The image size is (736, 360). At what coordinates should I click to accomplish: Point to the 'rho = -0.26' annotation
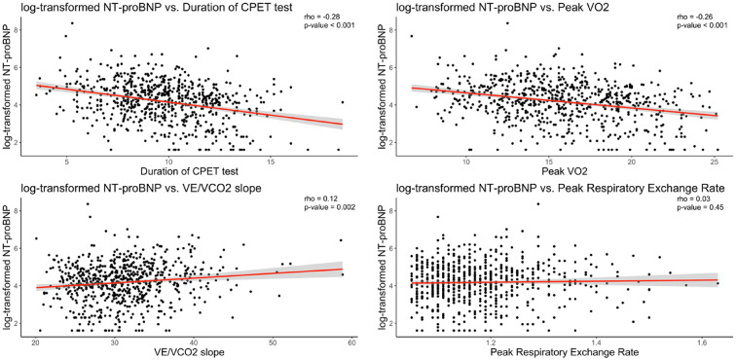(x=693, y=18)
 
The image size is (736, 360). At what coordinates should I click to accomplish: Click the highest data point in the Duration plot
(x=72, y=22)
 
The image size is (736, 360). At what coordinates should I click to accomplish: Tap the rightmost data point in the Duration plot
(x=343, y=102)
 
